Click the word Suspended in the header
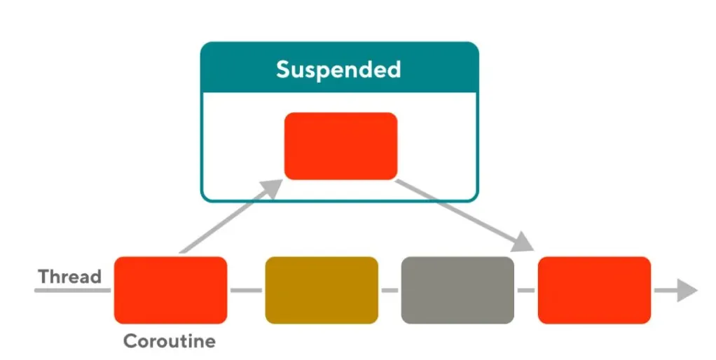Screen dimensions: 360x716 pyautogui.click(x=338, y=69)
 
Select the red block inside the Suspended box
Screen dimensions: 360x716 pyautogui.click(x=340, y=146)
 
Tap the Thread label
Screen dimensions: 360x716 pyautogui.click(x=70, y=276)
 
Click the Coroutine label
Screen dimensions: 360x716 pyautogui.click(x=169, y=342)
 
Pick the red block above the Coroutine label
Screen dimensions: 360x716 pyautogui.click(x=170, y=290)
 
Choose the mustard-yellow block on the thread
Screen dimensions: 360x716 pyautogui.click(x=322, y=290)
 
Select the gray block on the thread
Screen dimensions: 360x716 pyautogui.click(x=457, y=290)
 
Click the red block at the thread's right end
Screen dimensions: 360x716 pyautogui.click(x=594, y=290)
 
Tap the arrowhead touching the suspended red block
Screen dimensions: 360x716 pyautogui.click(x=273, y=186)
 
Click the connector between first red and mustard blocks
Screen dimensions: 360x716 pyautogui.click(x=246, y=290)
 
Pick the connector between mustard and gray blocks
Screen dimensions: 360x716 pyautogui.click(x=390, y=290)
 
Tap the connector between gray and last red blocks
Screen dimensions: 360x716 pyautogui.click(x=525, y=290)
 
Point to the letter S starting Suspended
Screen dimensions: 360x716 pyautogui.click(x=283, y=69)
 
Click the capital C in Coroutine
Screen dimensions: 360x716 pyautogui.click(x=130, y=342)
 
